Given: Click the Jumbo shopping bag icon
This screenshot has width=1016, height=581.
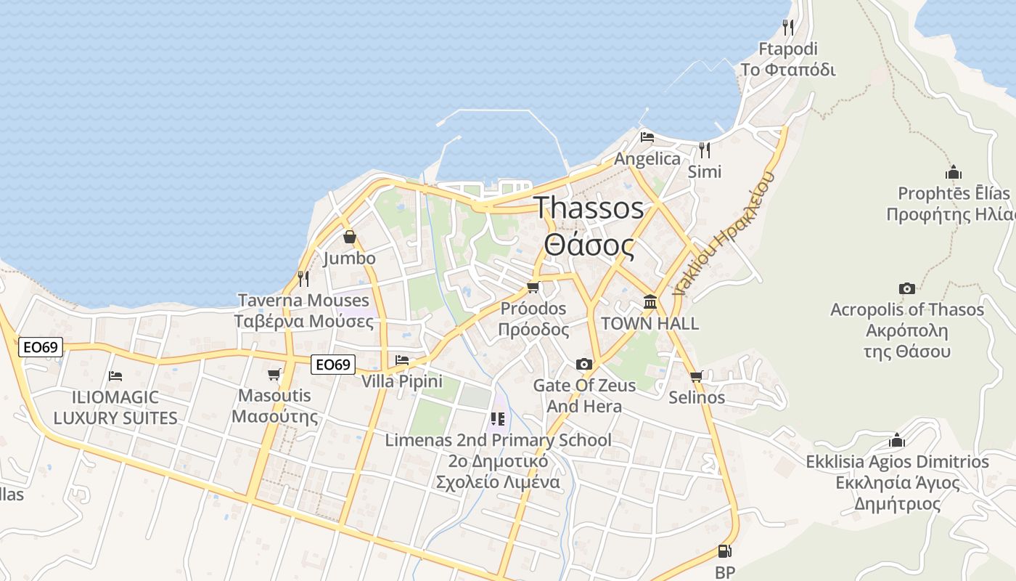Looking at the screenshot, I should point(350,237).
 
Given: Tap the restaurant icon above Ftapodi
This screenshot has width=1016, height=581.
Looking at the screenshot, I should point(788,28).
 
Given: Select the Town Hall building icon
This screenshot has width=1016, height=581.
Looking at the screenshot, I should point(650,301).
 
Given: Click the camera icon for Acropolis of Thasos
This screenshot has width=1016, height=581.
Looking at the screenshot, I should point(907,288).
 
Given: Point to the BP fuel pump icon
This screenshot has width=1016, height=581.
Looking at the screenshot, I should point(724,551).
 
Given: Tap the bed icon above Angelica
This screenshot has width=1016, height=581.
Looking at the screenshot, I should point(647,137).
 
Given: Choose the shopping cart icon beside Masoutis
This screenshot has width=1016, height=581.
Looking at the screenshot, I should point(274,374).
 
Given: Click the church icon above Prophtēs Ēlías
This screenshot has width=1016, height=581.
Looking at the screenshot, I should point(954,173).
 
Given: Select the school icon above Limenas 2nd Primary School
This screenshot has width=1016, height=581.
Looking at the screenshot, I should point(497,418).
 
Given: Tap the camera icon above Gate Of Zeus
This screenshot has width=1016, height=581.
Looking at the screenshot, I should point(584,364).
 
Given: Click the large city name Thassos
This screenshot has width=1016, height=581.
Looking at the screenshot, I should point(589,208).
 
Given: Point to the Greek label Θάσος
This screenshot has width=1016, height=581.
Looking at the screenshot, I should point(589,245).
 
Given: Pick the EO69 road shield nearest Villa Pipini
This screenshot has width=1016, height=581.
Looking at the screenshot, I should point(332,365).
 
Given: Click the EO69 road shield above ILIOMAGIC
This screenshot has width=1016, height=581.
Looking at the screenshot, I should point(41,347).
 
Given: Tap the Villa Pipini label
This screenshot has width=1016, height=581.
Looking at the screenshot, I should point(401,381).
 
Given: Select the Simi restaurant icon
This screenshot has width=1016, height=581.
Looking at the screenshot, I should point(704,150).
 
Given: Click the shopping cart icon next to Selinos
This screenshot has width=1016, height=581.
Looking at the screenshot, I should point(697,376).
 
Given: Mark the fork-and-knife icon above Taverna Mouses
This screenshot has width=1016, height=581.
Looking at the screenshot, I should point(303,278).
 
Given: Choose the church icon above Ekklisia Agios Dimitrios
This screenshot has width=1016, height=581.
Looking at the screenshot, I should point(897,441).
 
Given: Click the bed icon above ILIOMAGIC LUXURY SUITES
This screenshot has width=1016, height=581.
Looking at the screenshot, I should point(115,375).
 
